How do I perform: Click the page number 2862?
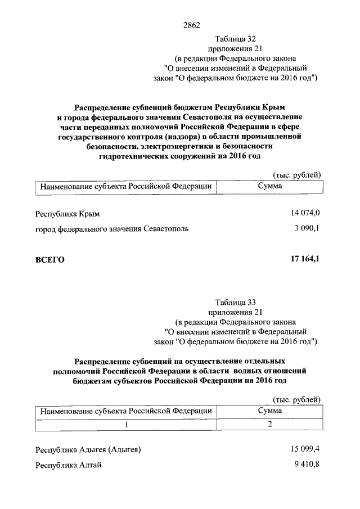point(192,25)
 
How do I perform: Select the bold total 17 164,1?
point(305,259)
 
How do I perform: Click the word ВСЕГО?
point(50,259)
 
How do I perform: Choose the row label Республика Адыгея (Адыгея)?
point(88,449)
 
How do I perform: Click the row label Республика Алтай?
point(68,465)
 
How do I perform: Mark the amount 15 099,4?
point(305,449)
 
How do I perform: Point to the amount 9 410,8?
point(308,465)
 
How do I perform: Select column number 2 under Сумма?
point(270,424)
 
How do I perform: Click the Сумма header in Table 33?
point(270,411)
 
